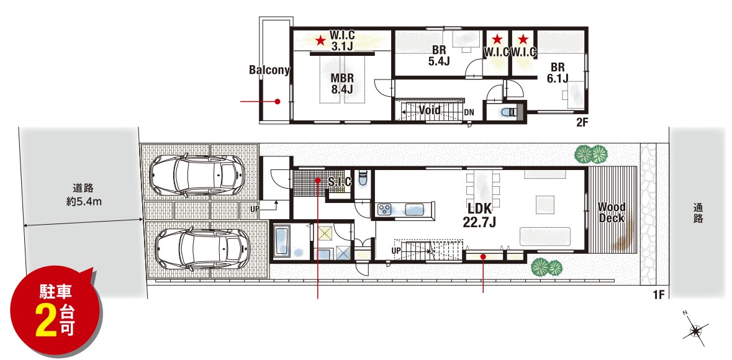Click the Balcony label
tap(269, 70)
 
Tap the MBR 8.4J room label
tap(342, 83)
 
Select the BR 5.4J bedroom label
tap(439, 56)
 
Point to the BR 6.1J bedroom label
tap(558, 73)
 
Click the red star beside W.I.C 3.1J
tap(320, 40)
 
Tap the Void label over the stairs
tap(430, 110)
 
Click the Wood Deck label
tap(612, 212)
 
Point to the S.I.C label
tap(340, 182)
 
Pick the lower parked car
tap(199, 249)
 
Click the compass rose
tap(695, 331)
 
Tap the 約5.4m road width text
tap(83, 202)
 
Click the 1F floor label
tap(658, 294)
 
